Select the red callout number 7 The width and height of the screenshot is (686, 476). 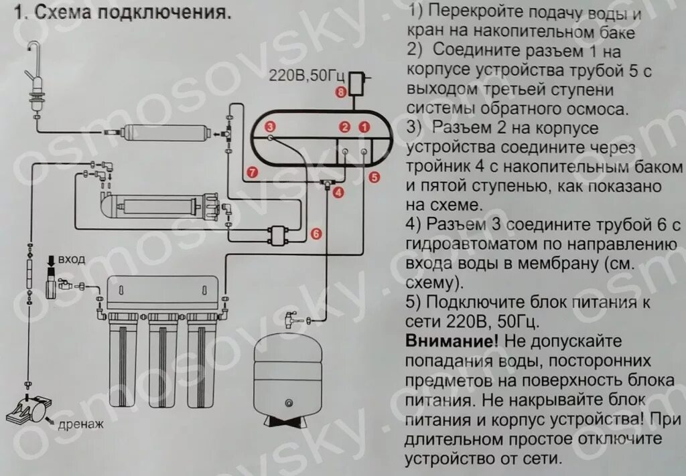point(251,171)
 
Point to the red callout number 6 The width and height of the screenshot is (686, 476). point(317,233)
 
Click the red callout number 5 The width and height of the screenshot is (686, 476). point(374,176)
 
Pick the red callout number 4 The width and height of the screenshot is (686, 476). point(338,193)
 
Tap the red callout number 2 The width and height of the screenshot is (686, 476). point(345,126)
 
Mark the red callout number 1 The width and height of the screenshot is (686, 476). point(364,126)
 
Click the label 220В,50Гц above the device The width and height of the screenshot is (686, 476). point(302,75)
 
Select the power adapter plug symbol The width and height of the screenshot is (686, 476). point(361,84)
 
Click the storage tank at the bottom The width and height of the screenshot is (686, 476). point(288,375)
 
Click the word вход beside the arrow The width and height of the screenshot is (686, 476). point(72,260)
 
